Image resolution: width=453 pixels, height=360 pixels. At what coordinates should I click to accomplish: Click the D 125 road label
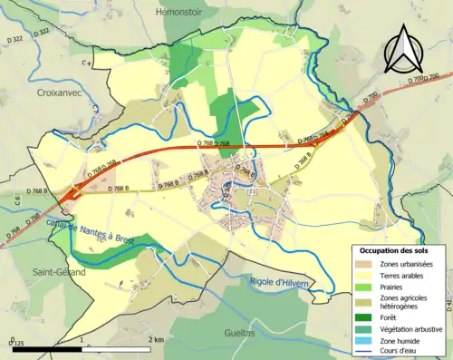(x=14, y=345)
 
